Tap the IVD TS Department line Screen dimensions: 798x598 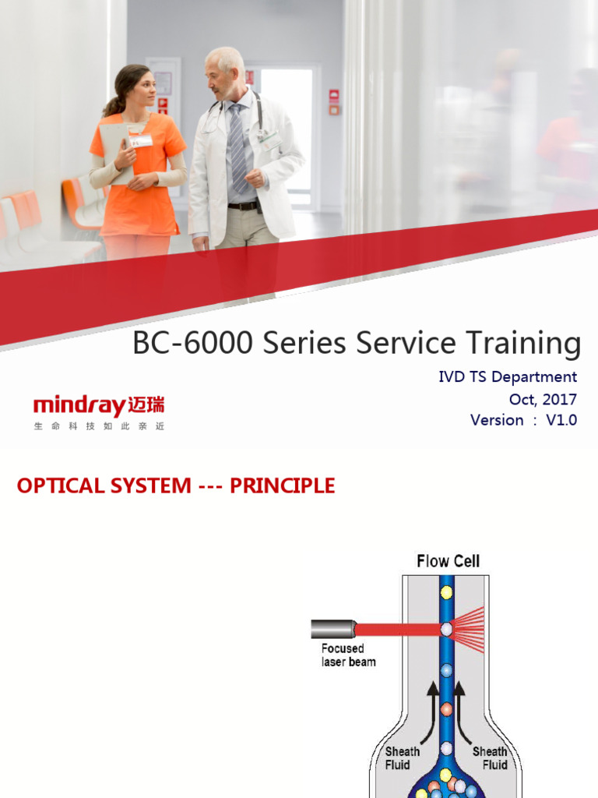[508, 377]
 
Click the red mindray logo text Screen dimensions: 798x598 [79, 406]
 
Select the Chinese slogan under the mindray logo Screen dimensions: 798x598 [99, 427]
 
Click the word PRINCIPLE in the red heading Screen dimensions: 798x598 [283, 486]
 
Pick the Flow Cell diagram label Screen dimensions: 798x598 [448, 561]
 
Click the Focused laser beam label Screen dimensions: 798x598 [348, 655]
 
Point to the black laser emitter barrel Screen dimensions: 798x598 [332, 628]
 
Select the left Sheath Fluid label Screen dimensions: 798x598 [403, 758]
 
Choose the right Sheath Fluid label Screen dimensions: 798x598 [490, 758]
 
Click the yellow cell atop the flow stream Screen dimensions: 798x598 [446, 592]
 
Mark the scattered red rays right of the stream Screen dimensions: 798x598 [470, 628]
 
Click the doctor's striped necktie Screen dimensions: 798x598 [237, 148]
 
